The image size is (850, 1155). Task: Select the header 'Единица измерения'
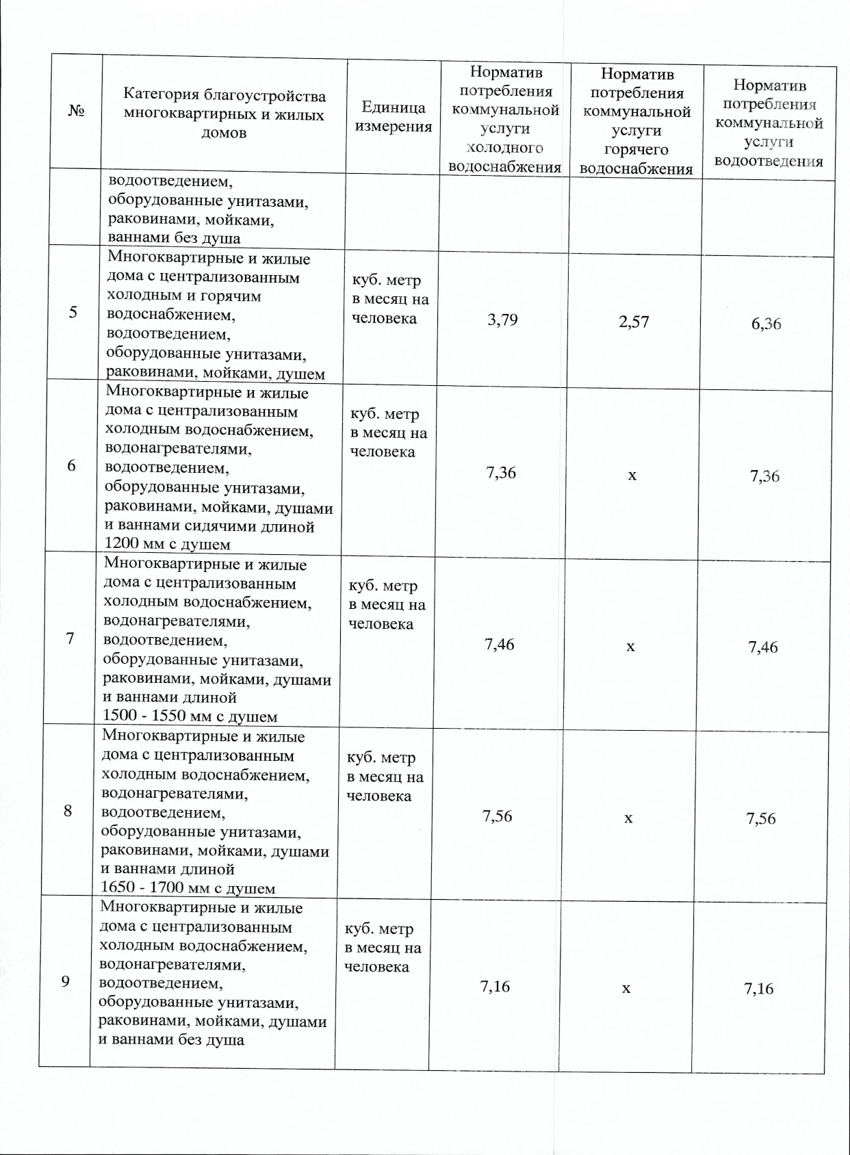[x=393, y=116]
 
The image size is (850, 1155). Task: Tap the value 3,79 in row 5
[x=502, y=320]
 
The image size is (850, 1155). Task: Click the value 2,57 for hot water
[x=634, y=322]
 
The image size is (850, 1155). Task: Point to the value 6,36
[x=766, y=324]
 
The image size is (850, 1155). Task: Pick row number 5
[x=73, y=312]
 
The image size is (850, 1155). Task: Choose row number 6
[x=71, y=465]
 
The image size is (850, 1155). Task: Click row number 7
[x=70, y=638]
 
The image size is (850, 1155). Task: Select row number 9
[x=66, y=981]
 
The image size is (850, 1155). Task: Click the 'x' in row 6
[x=632, y=474]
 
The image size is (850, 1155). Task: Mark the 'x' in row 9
[x=626, y=988]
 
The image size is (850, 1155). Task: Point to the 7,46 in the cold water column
[x=500, y=645]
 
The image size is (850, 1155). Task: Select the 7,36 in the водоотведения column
[x=764, y=476]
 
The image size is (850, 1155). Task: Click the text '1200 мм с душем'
[x=167, y=545]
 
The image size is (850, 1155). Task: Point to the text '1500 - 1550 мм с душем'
[x=190, y=717]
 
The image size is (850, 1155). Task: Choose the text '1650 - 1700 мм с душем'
[x=188, y=889]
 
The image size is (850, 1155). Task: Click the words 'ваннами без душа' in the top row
[x=175, y=238]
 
